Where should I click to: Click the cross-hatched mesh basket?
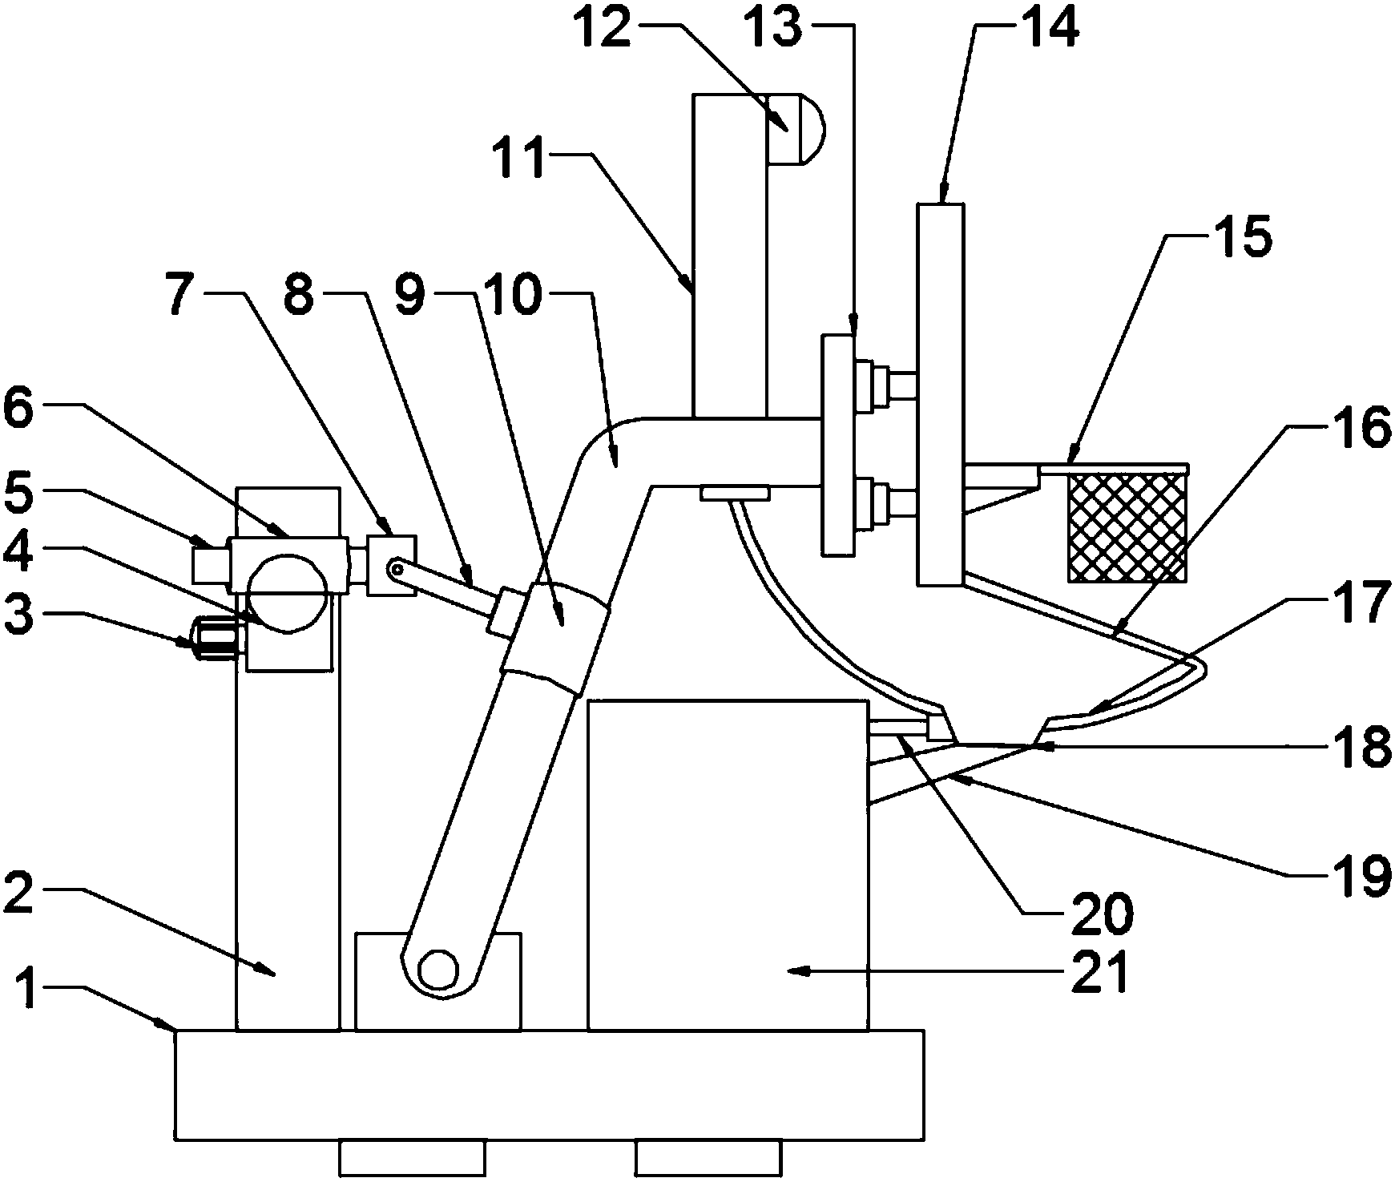pyautogui.click(x=1127, y=526)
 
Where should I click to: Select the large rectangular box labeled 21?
pyautogui.click(x=728, y=865)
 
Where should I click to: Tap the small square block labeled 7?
pyautogui.click(x=392, y=565)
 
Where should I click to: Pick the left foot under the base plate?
pyautogui.click(x=412, y=1159)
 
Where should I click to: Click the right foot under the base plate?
pyautogui.click(x=708, y=1159)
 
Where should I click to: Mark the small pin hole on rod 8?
pyautogui.click(x=395, y=568)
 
